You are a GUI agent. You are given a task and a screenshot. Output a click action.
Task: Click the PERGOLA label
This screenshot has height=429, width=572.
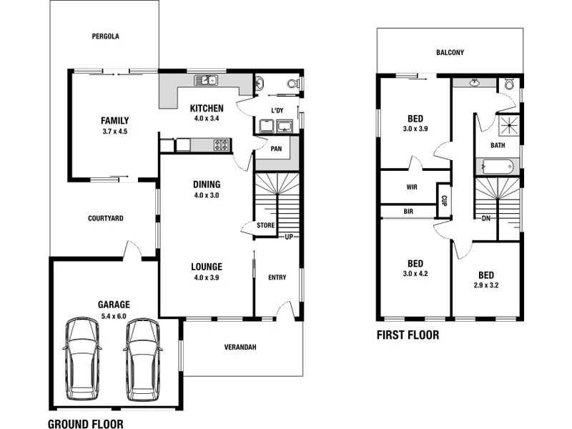pyautogui.click(x=105, y=36)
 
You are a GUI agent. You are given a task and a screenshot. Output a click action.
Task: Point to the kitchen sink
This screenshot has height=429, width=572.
pyautogui.click(x=209, y=80)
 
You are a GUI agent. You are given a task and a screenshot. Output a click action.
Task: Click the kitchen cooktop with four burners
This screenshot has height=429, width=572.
pyautogui.click(x=222, y=146)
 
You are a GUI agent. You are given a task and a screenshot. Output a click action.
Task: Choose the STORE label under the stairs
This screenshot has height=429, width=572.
pyautogui.click(x=265, y=226)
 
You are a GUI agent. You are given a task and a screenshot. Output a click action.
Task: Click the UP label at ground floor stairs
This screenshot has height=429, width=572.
pyautogui.click(x=290, y=237)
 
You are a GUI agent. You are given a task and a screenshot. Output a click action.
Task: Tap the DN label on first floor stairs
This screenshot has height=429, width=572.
pyautogui.click(x=485, y=218)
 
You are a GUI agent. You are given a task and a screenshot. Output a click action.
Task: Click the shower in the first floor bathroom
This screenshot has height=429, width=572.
pyautogui.click(x=509, y=126)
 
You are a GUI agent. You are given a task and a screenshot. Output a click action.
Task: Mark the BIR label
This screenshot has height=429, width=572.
pyautogui.click(x=408, y=212)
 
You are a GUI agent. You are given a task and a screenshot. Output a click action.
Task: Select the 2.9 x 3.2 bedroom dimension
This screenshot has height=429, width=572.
pyautogui.click(x=485, y=285)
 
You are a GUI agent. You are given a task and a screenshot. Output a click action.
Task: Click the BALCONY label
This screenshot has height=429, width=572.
pyautogui.click(x=450, y=52)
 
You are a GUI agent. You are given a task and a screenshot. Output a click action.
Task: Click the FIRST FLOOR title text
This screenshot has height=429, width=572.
pyautogui.click(x=408, y=335)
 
